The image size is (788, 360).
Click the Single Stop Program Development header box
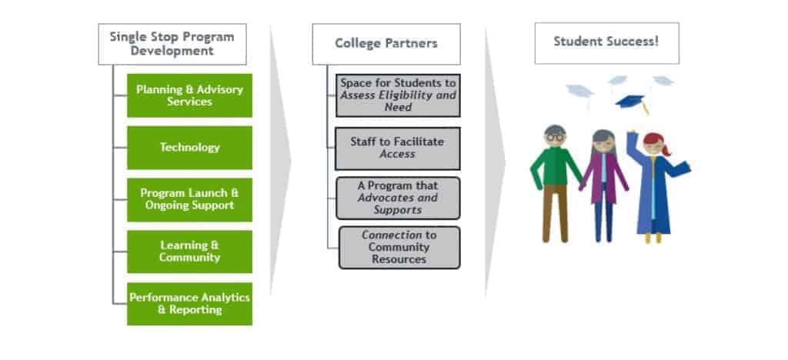click(172, 45)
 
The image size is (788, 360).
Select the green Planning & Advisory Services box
click(189, 95)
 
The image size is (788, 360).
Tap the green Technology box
click(189, 147)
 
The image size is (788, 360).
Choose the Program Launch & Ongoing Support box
click(189, 199)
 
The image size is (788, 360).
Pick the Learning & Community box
click(189, 251)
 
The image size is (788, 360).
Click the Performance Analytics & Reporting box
click(189, 303)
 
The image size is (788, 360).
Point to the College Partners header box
click(386, 44)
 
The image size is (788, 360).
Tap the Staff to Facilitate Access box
click(398, 148)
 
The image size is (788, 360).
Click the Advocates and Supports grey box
click(398, 198)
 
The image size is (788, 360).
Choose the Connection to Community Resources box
click(399, 247)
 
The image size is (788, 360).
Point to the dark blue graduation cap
click(630, 102)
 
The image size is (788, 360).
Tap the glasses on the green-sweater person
click(554, 137)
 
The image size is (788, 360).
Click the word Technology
click(189, 147)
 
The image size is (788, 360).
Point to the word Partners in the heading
click(412, 44)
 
